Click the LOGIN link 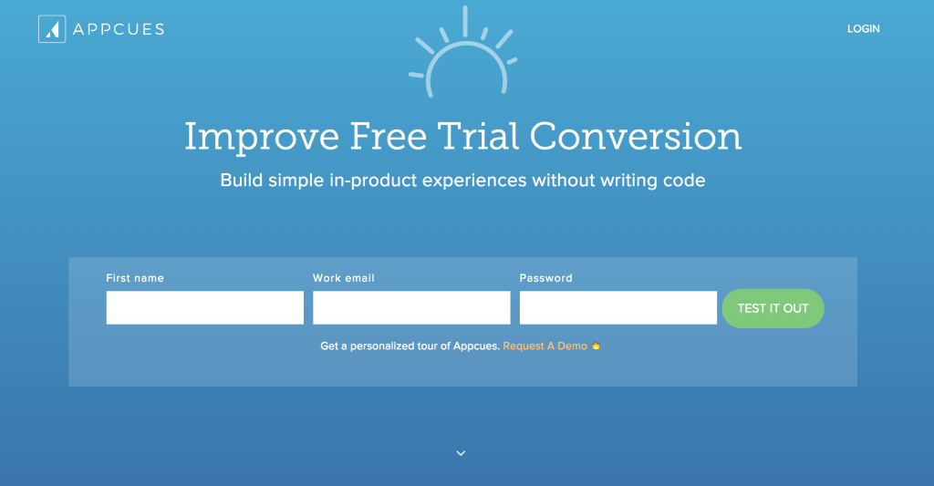click(x=863, y=29)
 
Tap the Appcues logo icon click(x=52, y=29)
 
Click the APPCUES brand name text click(x=119, y=29)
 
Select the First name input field click(x=204, y=308)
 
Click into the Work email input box click(x=411, y=308)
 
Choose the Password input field click(x=617, y=308)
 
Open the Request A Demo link click(x=545, y=346)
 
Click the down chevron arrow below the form click(x=461, y=453)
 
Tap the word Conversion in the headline click(x=636, y=137)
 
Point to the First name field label click(x=135, y=278)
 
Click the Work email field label click(x=344, y=278)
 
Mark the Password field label click(x=545, y=278)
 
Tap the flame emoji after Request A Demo click(x=596, y=346)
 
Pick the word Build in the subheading click(x=239, y=181)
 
